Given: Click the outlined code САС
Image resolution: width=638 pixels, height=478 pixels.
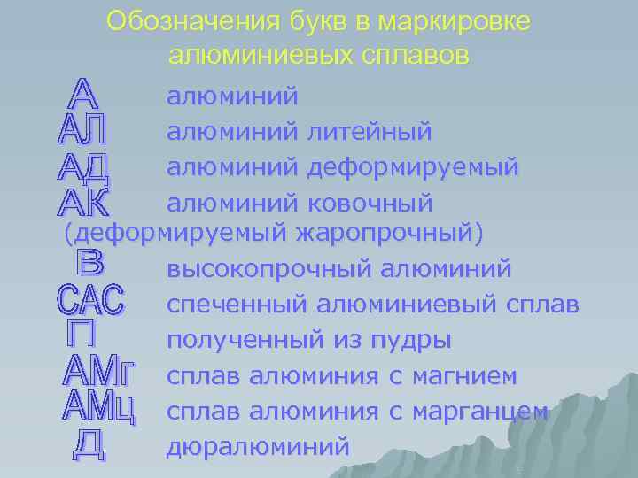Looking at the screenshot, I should pos(91,299).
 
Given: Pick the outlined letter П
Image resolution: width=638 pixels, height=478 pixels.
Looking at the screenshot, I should pos(87,334).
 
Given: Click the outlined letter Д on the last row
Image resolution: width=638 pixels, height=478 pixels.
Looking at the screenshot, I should pos(88,444).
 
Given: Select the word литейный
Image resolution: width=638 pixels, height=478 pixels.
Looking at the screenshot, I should pos(369,132).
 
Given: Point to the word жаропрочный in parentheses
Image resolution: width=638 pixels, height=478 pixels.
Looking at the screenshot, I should pos(389,235).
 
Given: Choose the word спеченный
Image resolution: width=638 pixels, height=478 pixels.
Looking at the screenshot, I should pos(233,305).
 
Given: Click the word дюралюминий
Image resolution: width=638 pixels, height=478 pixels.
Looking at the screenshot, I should pos(257,446).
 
